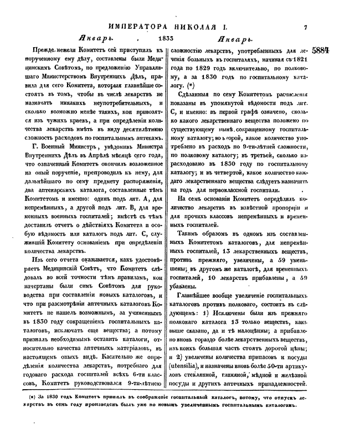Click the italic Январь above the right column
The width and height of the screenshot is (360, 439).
(236, 40)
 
